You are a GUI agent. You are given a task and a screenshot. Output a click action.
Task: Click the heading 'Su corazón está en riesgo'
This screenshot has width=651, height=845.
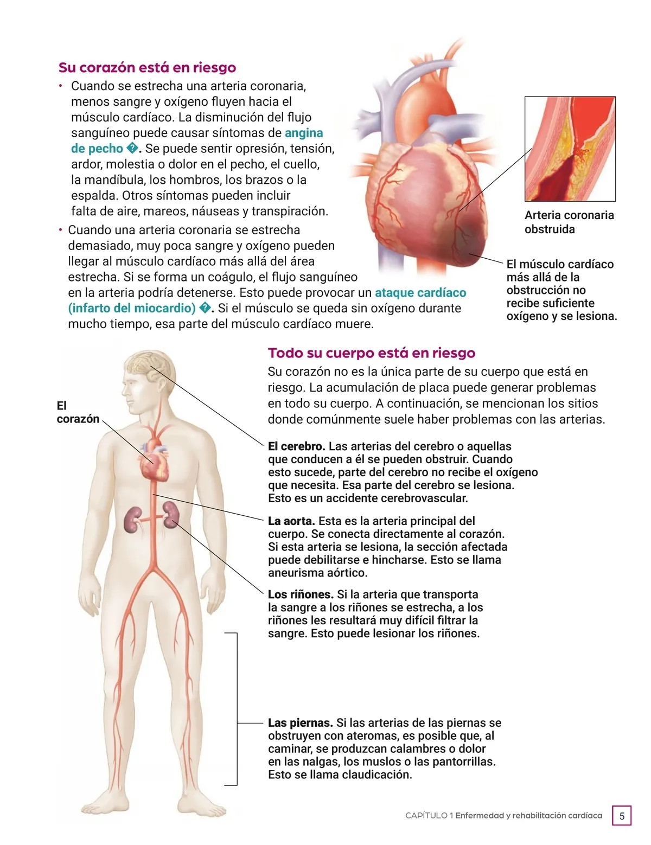pyautogui.click(x=147, y=68)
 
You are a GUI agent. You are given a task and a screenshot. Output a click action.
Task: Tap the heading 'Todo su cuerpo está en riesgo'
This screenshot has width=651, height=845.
pyautogui.click(x=371, y=353)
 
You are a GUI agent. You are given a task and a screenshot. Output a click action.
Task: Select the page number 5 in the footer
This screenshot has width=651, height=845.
pyautogui.click(x=622, y=816)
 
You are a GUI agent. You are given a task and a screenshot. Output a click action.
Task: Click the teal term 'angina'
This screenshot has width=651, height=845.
pyautogui.click(x=304, y=133)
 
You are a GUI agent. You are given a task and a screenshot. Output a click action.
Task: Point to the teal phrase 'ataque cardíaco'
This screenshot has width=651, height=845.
pyautogui.click(x=420, y=293)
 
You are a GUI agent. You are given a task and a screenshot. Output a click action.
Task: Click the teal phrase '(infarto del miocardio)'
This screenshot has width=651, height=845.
pyautogui.click(x=132, y=309)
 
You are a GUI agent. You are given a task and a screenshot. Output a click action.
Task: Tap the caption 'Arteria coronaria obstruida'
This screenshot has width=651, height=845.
pyautogui.click(x=569, y=222)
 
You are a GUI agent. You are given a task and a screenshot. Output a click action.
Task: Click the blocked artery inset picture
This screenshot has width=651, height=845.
pyautogui.click(x=570, y=149)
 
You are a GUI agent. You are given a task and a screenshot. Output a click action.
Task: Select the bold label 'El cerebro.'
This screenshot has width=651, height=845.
pyautogui.click(x=296, y=446)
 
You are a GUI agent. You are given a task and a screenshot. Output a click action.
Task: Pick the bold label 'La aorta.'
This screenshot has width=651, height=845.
pyautogui.click(x=291, y=521)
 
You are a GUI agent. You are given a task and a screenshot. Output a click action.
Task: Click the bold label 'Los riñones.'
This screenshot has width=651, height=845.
pyautogui.click(x=301, y=594)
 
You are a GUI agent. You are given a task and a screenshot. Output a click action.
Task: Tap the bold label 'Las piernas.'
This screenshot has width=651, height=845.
pyautogui.click(x=300, y=723)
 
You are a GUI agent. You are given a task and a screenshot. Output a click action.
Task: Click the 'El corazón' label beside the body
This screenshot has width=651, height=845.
pyautogui.click(x=77, y=412)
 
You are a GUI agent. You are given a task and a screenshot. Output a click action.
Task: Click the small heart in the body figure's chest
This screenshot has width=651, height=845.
pyautogui.click(x=155, y=461)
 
